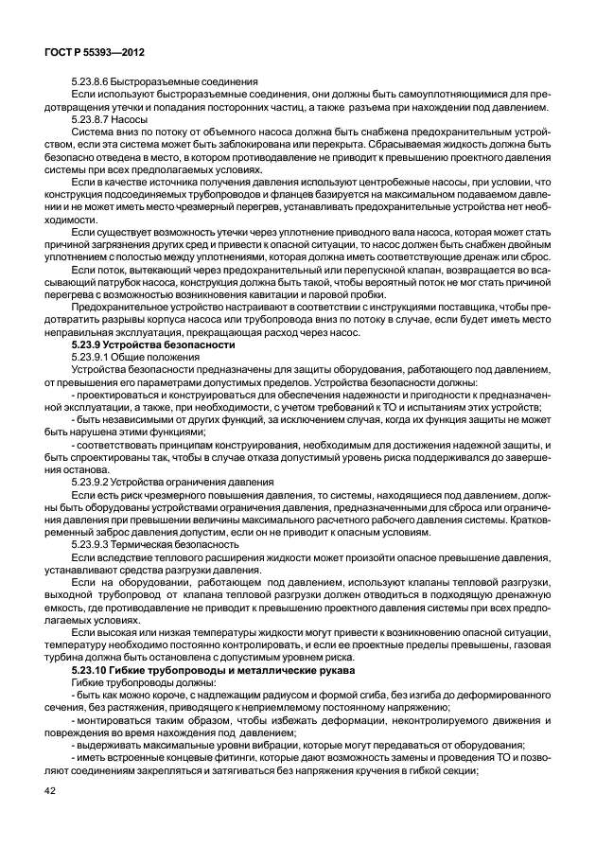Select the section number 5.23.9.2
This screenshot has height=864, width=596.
[x=91, y=482]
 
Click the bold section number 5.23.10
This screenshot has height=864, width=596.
[x=93, y=668]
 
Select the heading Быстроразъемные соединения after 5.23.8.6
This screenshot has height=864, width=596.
[x=187, y=82]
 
